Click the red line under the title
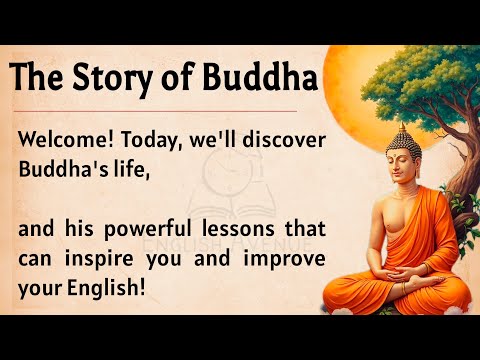click(160, 110)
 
